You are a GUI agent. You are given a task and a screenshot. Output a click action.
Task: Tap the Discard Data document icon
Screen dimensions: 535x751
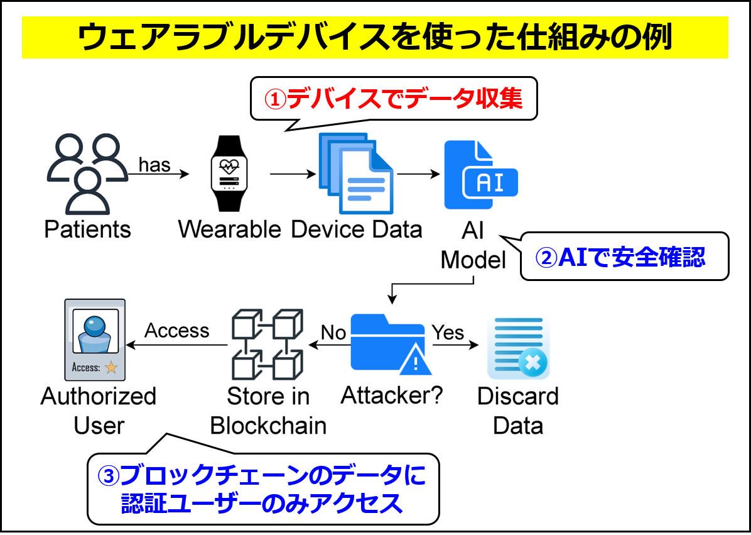517,347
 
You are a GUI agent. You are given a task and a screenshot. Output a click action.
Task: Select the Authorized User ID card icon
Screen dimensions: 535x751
95,340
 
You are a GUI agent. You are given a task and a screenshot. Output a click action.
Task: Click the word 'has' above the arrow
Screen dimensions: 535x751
154,165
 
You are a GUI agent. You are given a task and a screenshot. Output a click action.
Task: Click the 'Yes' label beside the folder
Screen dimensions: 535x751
448,332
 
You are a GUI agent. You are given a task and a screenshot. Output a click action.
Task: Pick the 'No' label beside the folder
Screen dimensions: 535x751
333,332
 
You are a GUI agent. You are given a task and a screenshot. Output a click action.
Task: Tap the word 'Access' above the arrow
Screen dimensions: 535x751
177,331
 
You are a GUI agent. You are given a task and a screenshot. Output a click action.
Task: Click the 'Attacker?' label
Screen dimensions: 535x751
392,395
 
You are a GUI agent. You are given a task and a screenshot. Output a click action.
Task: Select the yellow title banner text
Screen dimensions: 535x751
375,38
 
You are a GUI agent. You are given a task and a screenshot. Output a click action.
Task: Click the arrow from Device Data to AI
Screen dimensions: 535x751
418,174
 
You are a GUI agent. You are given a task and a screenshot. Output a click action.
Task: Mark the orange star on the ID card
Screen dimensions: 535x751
111,368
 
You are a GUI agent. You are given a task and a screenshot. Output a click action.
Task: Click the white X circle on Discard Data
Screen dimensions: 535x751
532,363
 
